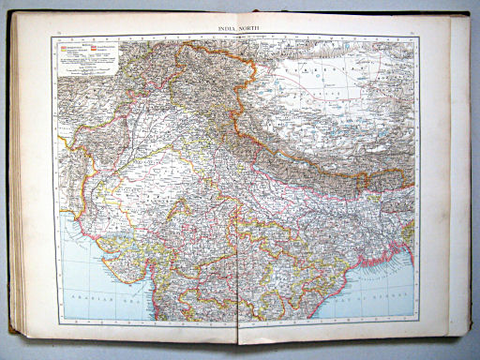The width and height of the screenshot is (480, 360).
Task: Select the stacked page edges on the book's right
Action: tap(460, 187)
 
